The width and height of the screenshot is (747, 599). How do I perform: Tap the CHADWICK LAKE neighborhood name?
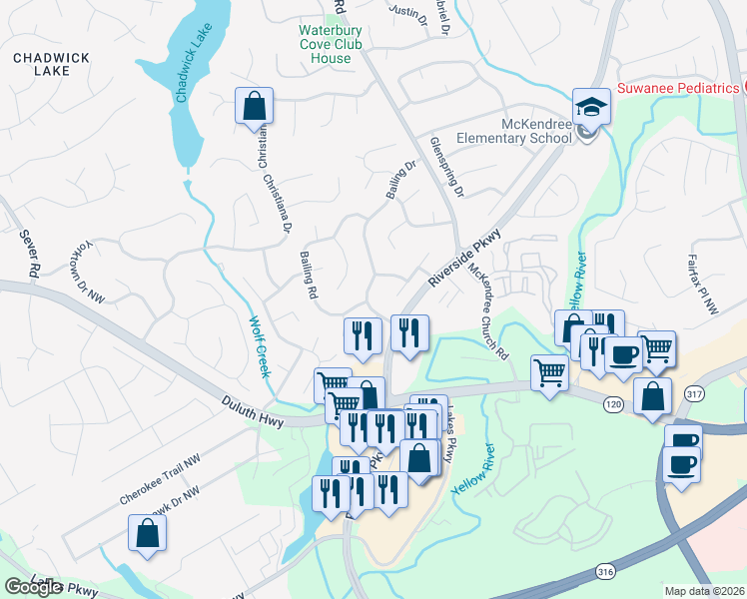click(42, 65)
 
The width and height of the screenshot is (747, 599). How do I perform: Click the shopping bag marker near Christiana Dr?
click(254, 106)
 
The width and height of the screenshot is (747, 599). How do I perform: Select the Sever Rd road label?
click(28, 254)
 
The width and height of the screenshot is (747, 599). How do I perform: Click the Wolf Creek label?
click(259, 345)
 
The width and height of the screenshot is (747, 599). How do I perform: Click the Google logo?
click(33, 587)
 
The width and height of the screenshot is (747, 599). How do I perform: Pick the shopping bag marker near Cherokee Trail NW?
click(147, 535)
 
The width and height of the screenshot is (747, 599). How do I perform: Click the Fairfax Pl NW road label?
click(703, 286)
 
